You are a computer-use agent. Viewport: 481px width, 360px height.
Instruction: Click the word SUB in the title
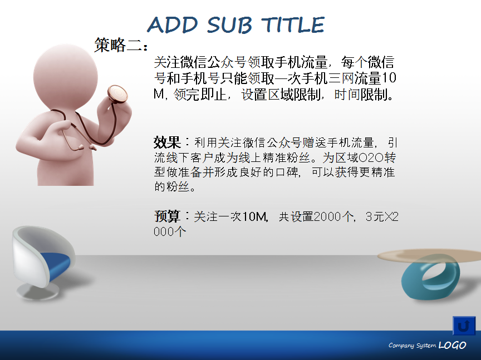(229, 25)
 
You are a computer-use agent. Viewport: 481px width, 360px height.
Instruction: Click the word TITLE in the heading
(293, 25)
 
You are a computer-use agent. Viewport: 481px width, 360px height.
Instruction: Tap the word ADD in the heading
(173, 25)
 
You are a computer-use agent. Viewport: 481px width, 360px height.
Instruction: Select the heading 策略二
(121, 45)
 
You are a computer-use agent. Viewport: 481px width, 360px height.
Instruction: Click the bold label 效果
(167, 142)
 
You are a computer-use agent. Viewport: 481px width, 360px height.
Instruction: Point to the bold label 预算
(167, 216)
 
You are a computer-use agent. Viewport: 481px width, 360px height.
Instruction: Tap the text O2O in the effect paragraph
(371, 157)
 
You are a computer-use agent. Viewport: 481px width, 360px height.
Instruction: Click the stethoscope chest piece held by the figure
(117, 94)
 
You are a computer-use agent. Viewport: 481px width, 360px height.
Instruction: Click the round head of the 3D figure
(65, 77)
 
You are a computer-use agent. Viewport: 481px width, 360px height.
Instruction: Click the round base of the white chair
(37, 292)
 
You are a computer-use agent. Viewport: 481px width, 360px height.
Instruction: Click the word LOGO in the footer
(452, 346)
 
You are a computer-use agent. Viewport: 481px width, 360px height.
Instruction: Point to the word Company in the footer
(401, 346)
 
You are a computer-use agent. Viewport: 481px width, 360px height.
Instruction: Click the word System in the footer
(426, 346)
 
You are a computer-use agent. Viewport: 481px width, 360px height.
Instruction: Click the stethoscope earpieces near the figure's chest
(85, 148)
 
